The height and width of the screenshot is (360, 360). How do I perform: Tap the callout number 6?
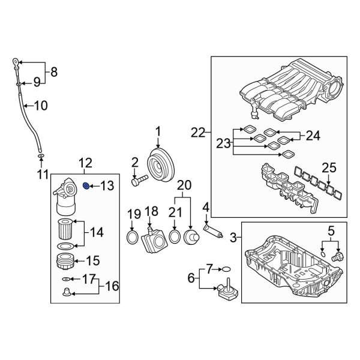pyautogui.click(x=191, y=278)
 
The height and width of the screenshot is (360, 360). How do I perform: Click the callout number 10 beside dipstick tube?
pyautogui.click(x=41, y=107)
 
